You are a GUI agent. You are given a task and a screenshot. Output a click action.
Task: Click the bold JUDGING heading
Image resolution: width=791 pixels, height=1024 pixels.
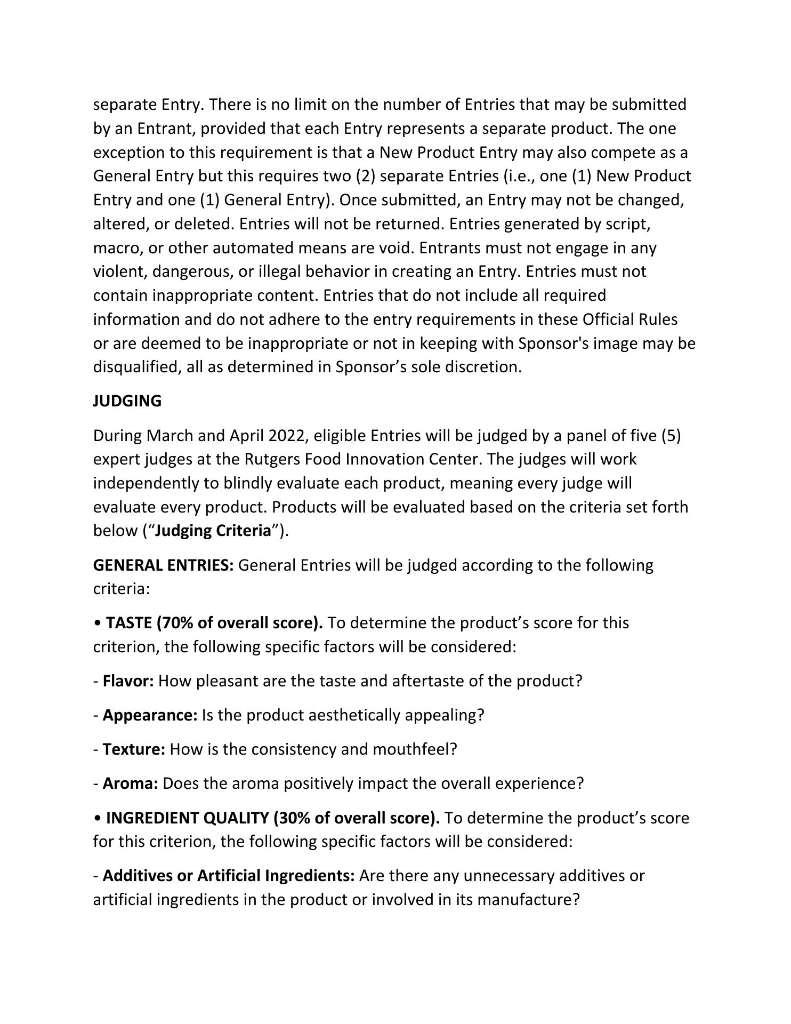click(127, 401)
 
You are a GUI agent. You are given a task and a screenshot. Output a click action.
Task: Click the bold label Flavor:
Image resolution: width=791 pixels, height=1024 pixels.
click(128, 681)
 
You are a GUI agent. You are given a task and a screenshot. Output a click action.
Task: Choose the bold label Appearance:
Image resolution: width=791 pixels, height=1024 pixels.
click(150, 715)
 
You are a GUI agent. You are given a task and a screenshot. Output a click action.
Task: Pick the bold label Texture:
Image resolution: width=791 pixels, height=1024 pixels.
click(134, 749)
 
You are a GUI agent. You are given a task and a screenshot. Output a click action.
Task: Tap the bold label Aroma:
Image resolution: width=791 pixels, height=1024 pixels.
click(130, 783)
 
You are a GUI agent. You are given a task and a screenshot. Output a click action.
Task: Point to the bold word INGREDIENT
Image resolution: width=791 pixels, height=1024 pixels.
click(152, 818)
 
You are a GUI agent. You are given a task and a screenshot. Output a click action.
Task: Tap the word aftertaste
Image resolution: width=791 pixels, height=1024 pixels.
click(431, 681)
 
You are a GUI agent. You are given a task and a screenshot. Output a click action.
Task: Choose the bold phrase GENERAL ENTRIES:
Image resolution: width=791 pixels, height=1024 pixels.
click(163, 565)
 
